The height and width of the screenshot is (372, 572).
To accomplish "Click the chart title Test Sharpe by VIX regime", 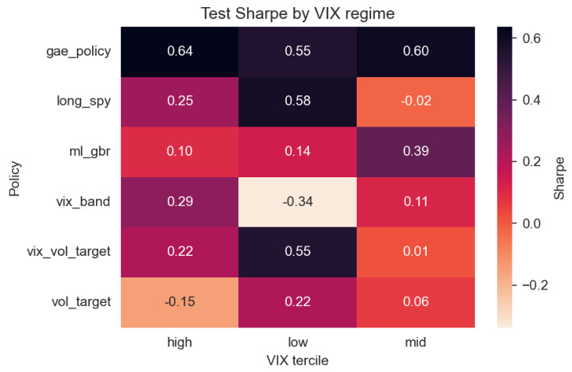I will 297,14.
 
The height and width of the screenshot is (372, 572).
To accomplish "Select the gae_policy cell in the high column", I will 179,52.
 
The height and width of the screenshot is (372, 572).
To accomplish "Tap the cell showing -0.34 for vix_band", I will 297,201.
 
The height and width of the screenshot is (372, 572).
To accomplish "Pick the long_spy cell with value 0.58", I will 297,102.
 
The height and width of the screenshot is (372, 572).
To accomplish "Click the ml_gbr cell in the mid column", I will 415,151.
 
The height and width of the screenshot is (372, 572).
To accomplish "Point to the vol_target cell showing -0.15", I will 179,301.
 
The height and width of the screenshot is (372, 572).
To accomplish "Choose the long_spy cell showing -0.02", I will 415,102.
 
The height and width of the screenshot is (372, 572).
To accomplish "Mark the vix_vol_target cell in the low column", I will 297,251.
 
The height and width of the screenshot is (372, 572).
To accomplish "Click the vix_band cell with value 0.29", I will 179,201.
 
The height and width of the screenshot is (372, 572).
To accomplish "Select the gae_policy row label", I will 78,52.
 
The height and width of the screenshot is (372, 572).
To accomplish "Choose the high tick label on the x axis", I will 179,342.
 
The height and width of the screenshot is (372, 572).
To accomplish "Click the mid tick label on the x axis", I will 415,342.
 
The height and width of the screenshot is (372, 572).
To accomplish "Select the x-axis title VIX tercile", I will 297,360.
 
